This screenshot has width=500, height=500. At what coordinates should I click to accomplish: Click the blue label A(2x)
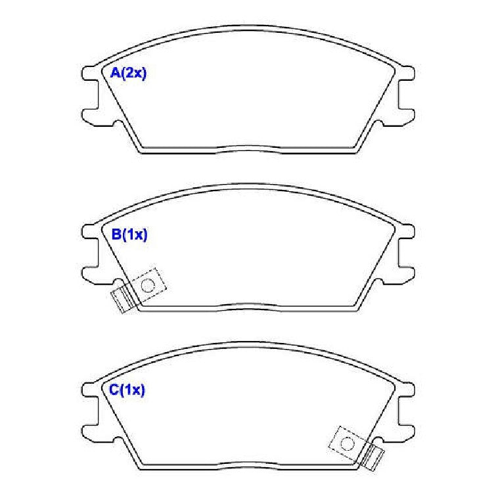click(128, 73)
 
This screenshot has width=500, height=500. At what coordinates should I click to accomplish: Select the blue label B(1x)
click(129, 235)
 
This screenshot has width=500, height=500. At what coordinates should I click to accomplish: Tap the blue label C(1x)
click(127, 390)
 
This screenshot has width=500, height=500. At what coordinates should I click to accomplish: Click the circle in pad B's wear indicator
click(148, 285)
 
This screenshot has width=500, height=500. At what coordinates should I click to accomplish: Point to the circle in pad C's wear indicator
click(348, 443)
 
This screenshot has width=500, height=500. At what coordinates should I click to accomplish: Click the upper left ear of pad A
click(89, 74)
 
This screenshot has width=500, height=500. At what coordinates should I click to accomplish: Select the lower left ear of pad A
click(90, 117)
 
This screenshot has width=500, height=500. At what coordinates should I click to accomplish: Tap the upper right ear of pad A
click(407, 74)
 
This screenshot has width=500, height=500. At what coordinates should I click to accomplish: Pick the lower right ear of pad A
click(407, 117)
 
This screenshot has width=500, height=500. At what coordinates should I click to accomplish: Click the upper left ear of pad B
click(89, 232)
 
